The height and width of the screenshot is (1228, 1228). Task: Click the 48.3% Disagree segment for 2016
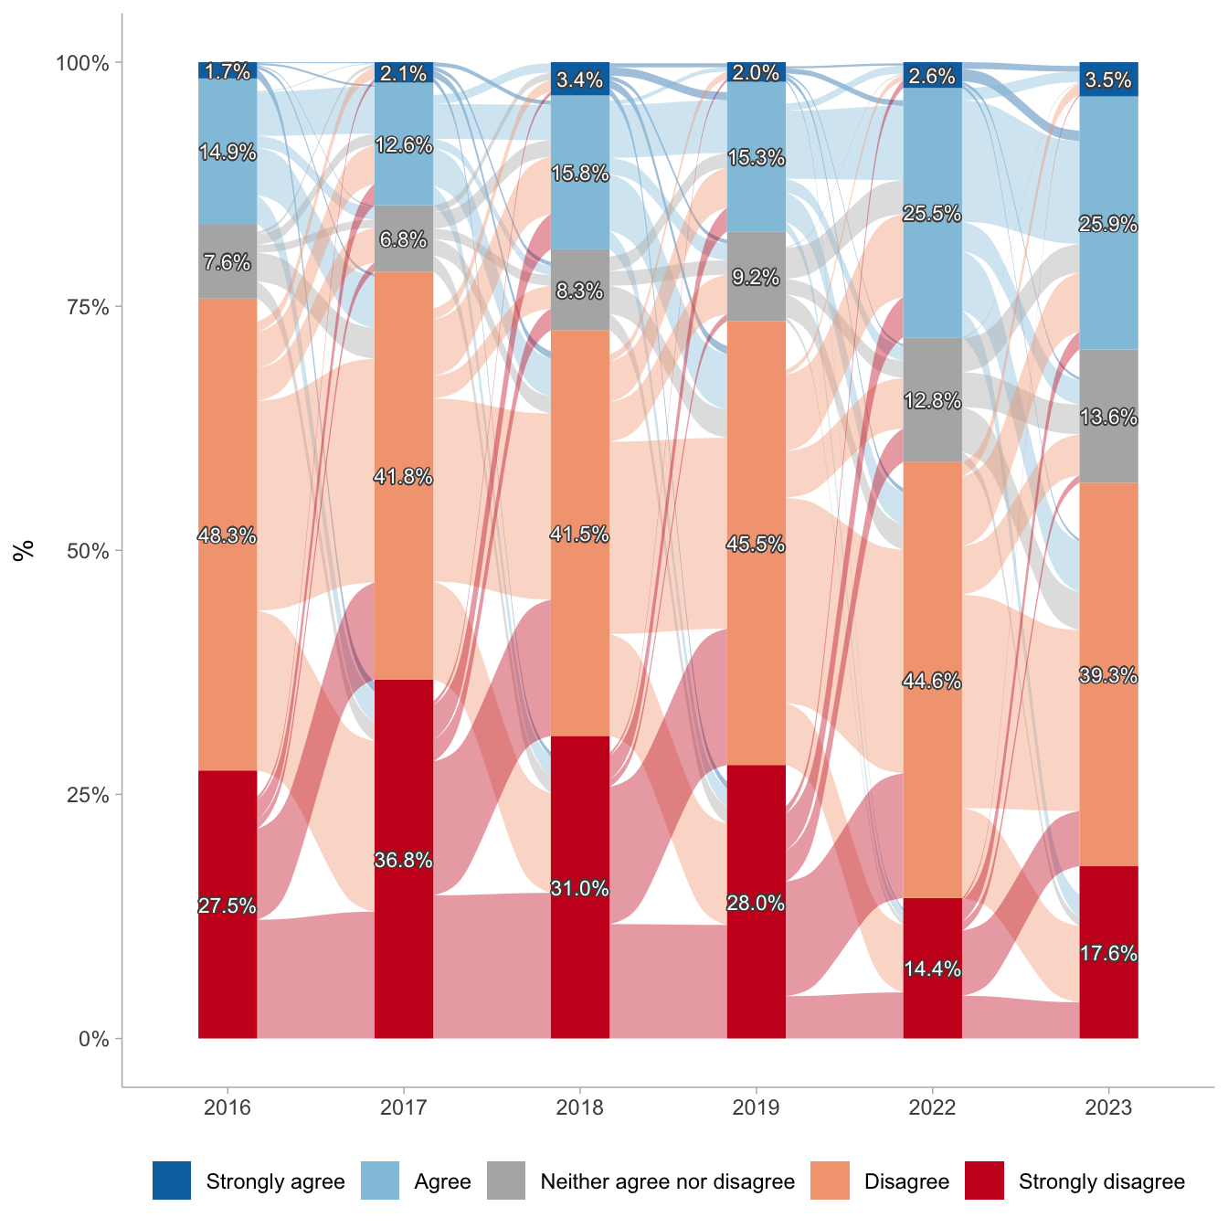[228, 535]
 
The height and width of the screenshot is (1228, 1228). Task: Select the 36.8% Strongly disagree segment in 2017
[404, 859]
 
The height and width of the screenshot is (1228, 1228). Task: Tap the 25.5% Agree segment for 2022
[932, 213]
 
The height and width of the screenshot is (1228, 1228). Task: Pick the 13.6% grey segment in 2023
[1108, 417]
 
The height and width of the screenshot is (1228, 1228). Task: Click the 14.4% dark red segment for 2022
[932, 969]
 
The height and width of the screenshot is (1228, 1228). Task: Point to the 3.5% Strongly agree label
[1108, 80]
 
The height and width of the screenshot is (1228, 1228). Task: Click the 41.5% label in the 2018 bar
[579, 535]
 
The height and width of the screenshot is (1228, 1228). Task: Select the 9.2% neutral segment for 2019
[756, 277]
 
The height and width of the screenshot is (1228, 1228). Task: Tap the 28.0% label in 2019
[756, 903]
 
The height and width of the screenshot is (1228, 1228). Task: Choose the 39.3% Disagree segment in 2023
[1108, 674]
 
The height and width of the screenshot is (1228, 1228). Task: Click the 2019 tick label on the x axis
[756, 1108]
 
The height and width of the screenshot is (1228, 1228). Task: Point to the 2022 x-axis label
[932, 1108]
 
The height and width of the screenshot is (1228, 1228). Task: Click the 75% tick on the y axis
[89, 307]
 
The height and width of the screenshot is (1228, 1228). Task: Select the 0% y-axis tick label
[93, 1039]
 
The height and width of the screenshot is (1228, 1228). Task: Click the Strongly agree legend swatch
[172, 1180]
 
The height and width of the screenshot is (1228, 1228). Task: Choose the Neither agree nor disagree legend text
[667, 1181]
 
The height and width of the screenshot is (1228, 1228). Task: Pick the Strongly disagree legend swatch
[984, 1180]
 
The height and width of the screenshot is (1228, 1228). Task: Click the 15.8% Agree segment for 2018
[579, 172]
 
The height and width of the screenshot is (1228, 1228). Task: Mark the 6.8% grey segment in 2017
[404, 239]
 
